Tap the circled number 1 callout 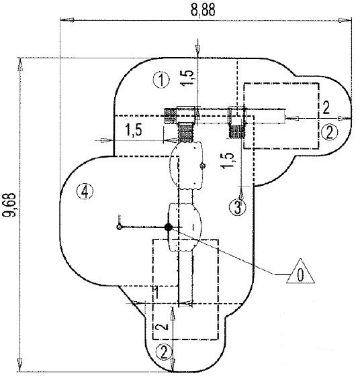point(160,80)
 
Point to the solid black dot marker point(169,227)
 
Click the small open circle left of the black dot point(119,227)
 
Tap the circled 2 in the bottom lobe point(163,351)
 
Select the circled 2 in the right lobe point(328,131)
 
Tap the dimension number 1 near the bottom point(156,293)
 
